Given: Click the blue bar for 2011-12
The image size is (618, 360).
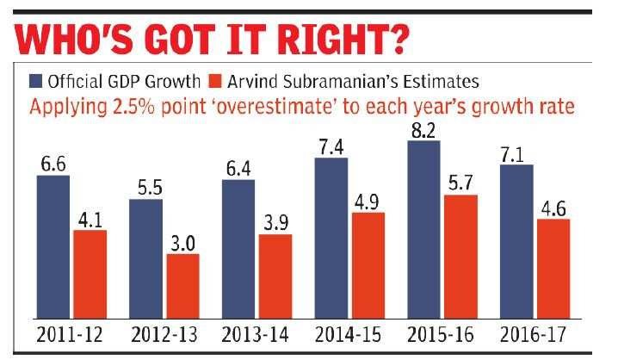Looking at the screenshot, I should [x=53, y=245].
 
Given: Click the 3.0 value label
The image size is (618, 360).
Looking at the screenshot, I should [x=182, y=242].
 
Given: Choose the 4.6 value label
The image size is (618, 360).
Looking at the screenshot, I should [x=553, y=208].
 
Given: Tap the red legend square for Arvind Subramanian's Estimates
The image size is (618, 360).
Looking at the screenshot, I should [x=216, y=84].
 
